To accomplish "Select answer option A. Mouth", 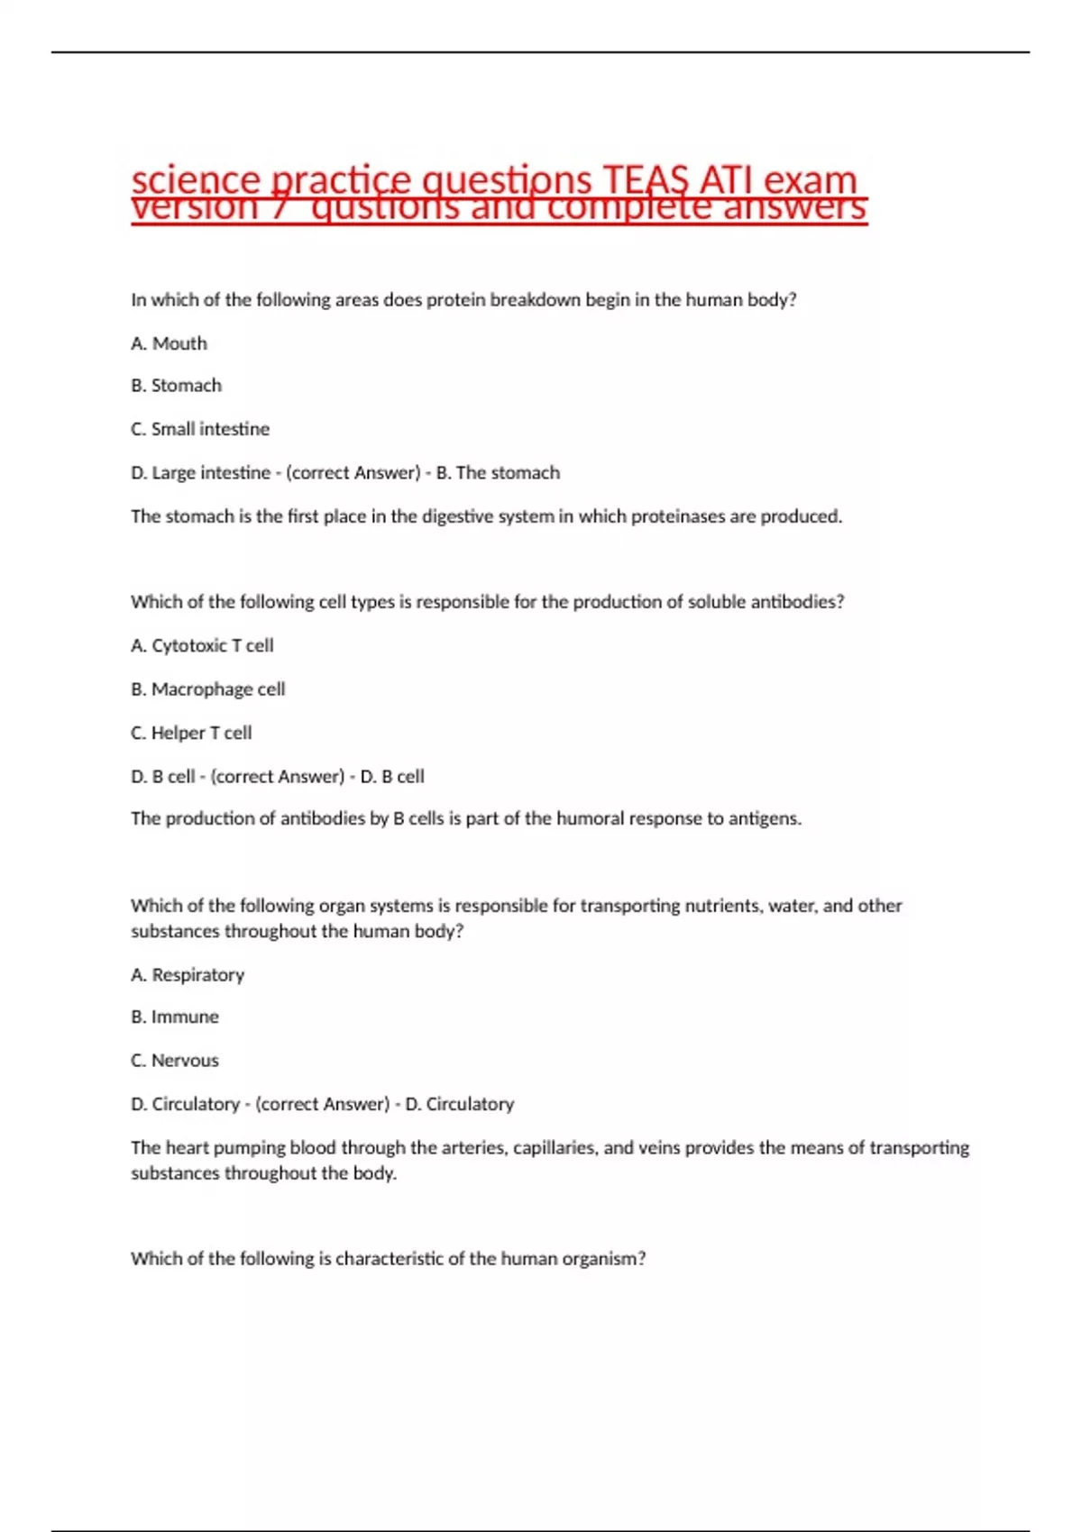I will (169, 343).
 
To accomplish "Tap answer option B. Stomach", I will (176, 386).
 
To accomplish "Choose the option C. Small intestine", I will (200, 429).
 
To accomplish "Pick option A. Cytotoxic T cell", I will (202, 645).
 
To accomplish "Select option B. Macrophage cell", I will (208, 689).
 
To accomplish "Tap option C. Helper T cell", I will (191, 733).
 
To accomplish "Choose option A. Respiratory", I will (188, 975).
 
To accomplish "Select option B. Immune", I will (175, 1017).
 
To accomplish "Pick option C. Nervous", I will (175, 1061).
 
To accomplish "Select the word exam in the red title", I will (810, 180).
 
